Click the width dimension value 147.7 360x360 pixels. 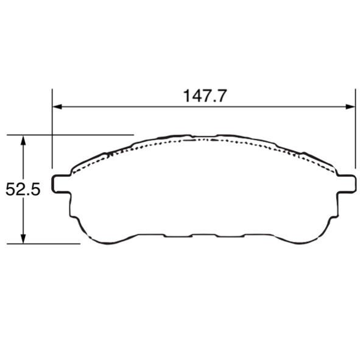click(x=205, y=96)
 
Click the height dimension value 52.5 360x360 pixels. click(x=23, y=190)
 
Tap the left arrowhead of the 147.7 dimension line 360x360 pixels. click(x=57, y=107)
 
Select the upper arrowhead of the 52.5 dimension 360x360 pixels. click(x=23, y=139)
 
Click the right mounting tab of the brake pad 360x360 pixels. click(x=346, y=183)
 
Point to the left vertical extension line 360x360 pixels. click(x=52, y=134)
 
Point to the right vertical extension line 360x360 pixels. click(x=355, y=134)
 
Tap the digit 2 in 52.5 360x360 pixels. click(x=18, y=190)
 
